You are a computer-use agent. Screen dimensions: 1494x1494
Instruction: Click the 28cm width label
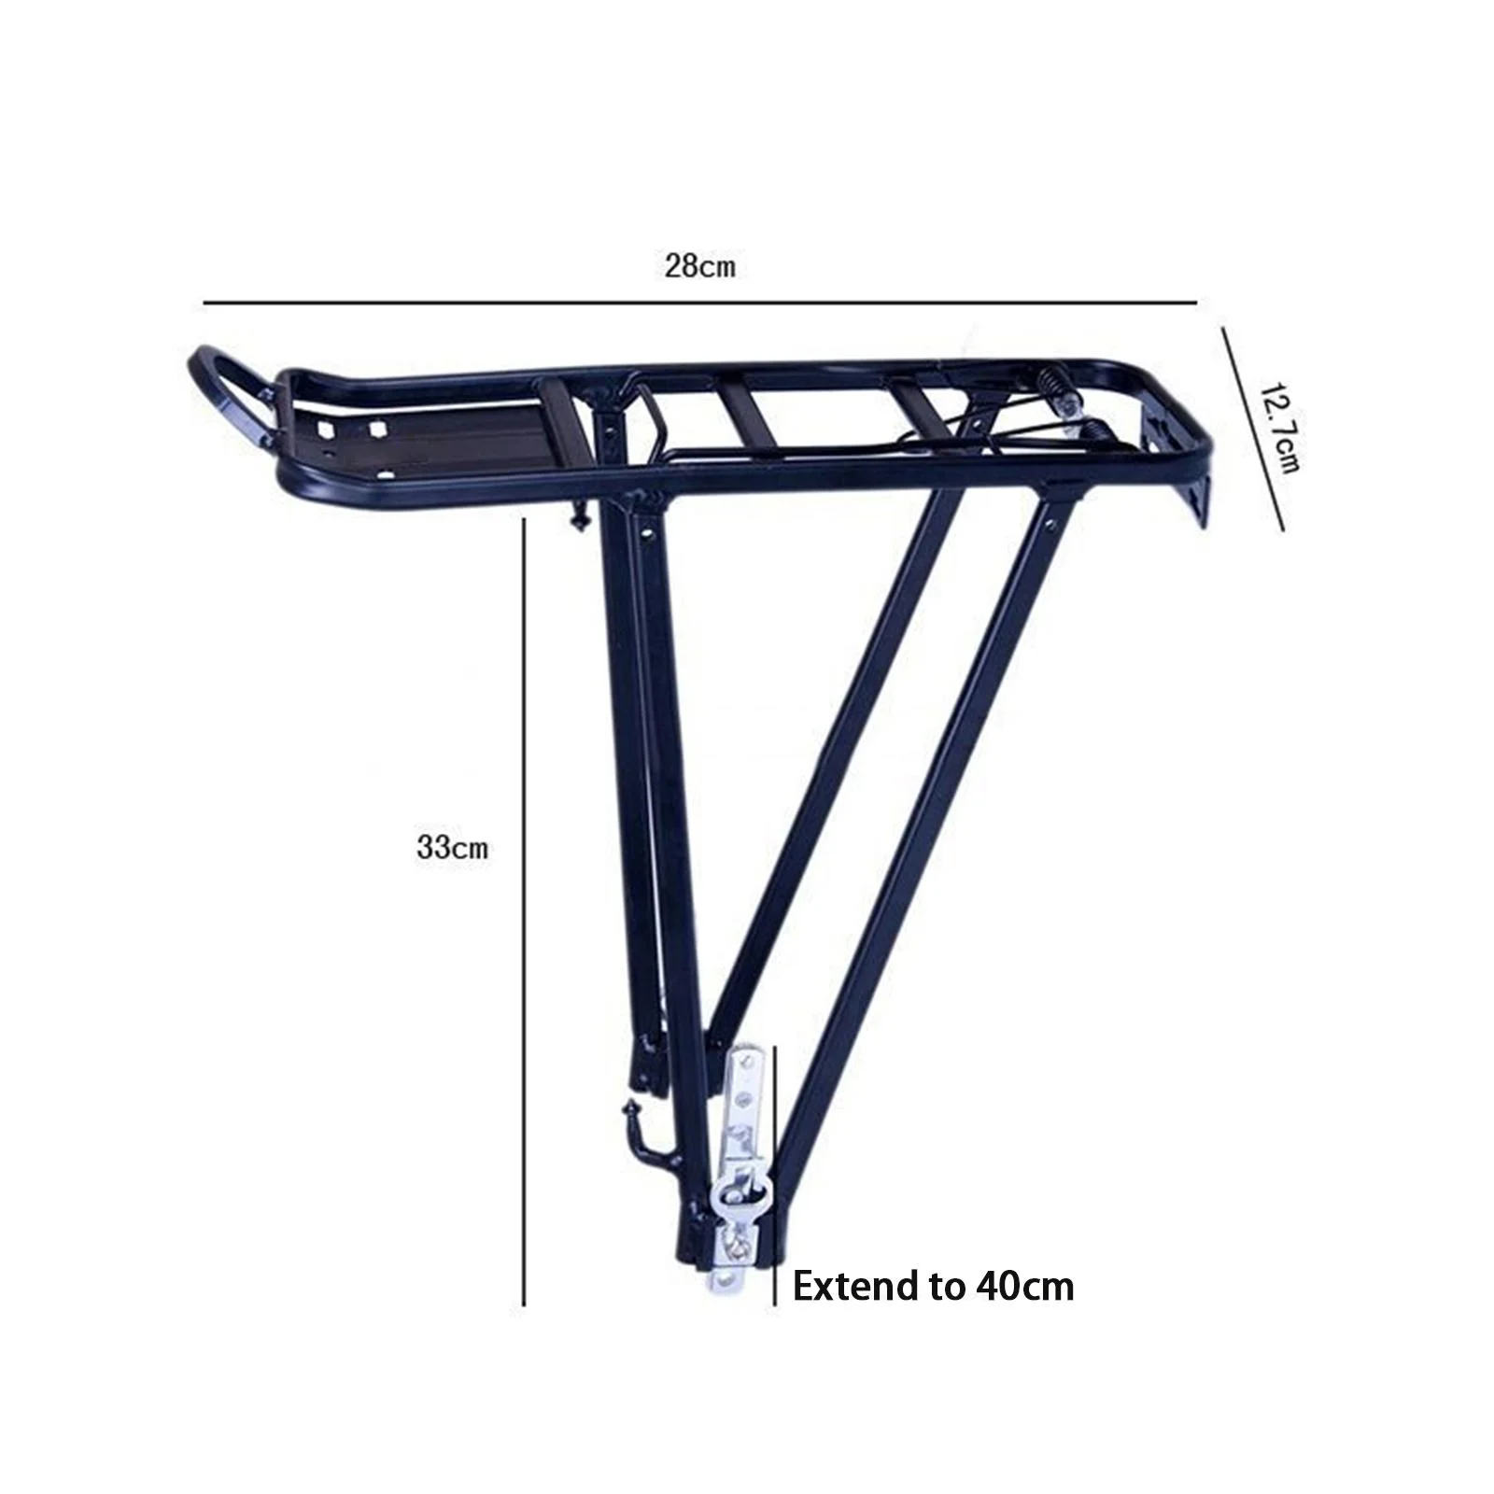point(700,266)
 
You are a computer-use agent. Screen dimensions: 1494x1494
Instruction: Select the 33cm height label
point(452,848)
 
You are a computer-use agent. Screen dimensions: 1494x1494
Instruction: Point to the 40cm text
point(1025,1287)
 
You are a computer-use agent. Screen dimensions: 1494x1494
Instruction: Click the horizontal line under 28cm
point(700,303)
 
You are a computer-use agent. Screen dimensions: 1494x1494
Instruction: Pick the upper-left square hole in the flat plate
point(326,428)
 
